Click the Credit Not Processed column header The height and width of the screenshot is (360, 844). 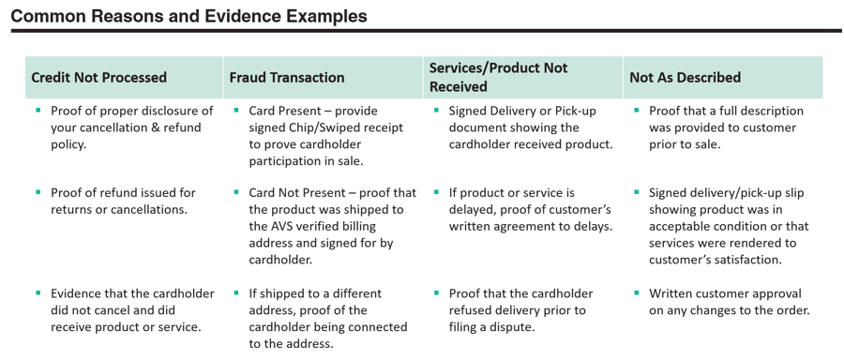pos(99,78)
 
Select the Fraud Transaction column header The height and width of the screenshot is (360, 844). pos(287,78)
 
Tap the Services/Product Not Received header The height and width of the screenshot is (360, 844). pos(498,77)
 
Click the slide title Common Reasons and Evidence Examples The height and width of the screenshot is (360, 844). pos(188,17)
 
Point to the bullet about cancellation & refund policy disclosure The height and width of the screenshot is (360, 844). pos(131,127)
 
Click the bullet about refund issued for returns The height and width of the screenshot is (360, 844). pos(123,201)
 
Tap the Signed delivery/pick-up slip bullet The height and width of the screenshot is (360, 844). pos(728,226)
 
